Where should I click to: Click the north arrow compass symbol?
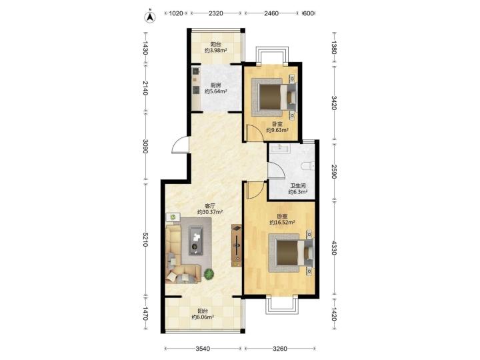point(150,17)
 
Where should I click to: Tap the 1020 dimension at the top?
point(176,13)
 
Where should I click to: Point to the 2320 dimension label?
point(216,13)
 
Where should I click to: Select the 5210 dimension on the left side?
point(145,239)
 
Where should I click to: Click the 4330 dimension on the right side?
point(334,247)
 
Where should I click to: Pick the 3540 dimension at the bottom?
point(203,349)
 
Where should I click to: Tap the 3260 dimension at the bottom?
point(280,349)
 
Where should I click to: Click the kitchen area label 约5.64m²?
point(216,91)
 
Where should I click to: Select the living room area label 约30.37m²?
point(210,212)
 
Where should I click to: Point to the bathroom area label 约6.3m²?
point(298,192)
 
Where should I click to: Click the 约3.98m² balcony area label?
point(216,50)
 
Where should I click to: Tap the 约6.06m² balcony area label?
point(203,317)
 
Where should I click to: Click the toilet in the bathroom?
point(307,166)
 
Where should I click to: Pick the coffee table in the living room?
point(196,240)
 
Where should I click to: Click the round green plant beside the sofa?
point(209,274)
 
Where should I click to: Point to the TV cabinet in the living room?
point(237,245)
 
